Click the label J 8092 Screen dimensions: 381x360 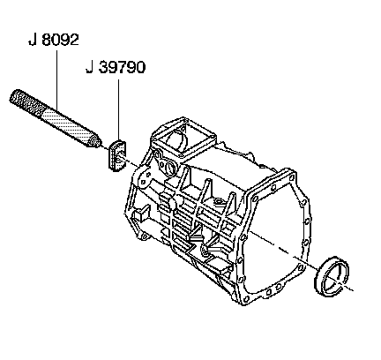pos(54,40)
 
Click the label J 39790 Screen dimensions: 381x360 pos(116,67)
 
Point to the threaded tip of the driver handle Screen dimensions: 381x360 pos(95,142)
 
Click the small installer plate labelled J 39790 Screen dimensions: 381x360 pos(117,156)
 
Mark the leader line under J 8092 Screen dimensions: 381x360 pos(56,79)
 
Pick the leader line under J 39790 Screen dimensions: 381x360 pos(118,109)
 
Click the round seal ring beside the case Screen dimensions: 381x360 pos(332,276)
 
